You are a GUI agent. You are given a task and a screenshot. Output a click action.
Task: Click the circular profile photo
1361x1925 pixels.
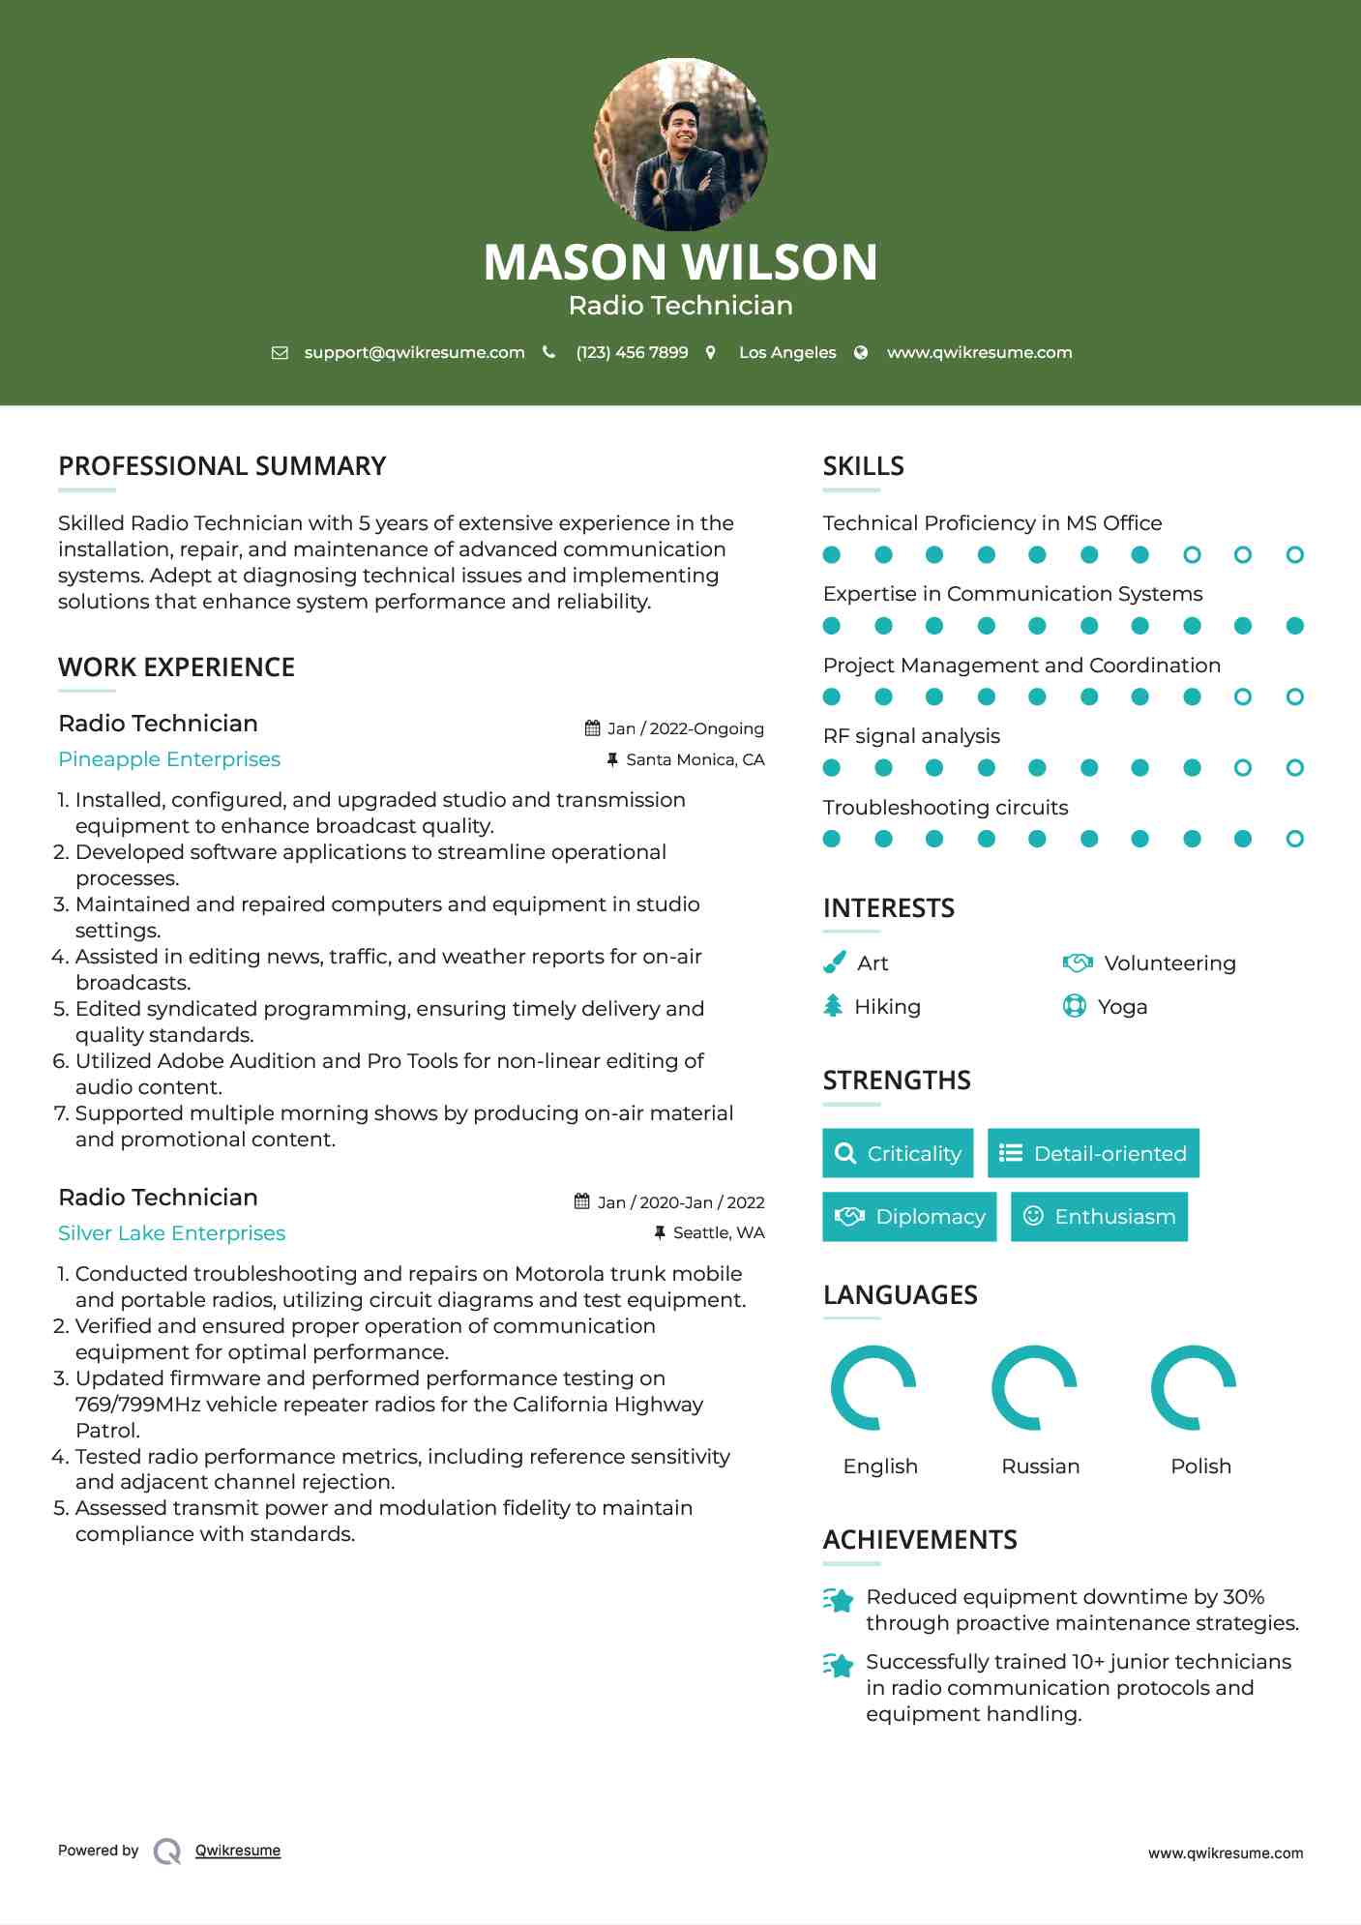(x=680, y=144)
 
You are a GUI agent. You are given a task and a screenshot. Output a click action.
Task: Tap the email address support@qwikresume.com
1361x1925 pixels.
(x=414, y=353)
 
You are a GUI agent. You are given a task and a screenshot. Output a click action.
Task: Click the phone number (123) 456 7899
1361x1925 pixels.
(x=632, y=353)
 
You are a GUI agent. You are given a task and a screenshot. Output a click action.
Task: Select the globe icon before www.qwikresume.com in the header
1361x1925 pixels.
(x=861, y=353)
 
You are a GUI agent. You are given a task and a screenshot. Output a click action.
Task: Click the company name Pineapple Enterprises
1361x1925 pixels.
(x=169, y=759)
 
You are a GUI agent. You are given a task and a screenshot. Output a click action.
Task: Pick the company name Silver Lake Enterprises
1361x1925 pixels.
(x=171, y=1233)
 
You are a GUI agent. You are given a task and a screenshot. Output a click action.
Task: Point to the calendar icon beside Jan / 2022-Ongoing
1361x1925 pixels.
(x=592, y=728)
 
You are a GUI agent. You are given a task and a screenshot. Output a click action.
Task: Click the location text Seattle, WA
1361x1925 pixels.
(x=718, y=1232)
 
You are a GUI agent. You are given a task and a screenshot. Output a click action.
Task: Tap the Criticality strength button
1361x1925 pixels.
(x=898, y=1153)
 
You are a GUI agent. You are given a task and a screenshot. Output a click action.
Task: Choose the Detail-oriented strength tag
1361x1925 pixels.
(x=1093, y=1153)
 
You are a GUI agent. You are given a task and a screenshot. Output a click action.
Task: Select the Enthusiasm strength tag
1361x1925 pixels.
(x=1099, y=1216)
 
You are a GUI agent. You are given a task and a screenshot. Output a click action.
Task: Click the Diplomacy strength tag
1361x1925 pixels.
(x=909, y=1216)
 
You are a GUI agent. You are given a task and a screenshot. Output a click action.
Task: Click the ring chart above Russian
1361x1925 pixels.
(x=1034, y=1388)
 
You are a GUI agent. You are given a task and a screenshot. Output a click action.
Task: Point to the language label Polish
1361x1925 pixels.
(x=1200, y=1466)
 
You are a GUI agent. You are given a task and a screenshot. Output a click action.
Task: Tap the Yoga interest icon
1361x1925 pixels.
(x=1074, y=1006)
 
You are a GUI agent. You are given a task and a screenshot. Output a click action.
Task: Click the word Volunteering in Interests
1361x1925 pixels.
(x=1169, y=963)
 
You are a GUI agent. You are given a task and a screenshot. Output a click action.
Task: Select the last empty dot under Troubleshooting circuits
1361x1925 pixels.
(x=1294, y=839)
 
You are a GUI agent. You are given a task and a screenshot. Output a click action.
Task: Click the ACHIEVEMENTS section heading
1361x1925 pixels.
(x=919, y=1540)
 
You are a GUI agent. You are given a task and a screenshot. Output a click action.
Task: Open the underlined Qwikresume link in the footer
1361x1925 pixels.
(x=238, y=1851)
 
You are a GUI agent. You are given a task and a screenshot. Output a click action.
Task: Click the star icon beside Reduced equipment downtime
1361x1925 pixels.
(x=839, y=1600)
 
